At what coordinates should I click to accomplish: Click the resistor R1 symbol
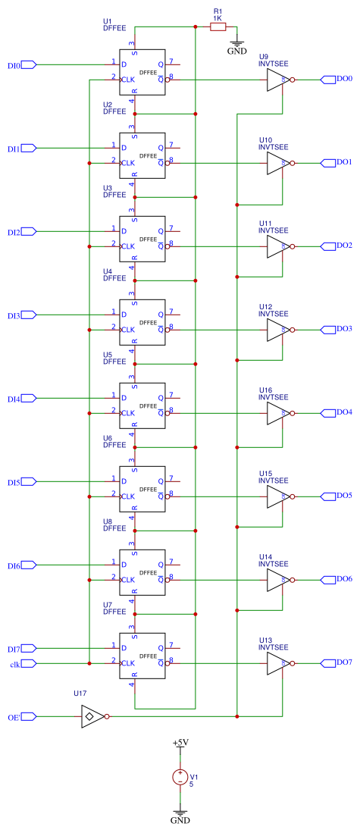point(218,27)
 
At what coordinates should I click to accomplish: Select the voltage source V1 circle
point(180,777)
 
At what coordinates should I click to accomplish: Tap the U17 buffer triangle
point(90,716)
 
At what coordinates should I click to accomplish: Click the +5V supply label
point(180,744)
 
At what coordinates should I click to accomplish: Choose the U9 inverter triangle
point(277,79)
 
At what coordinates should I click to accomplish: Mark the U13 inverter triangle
point(277,663)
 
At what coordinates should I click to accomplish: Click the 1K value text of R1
point(218,17)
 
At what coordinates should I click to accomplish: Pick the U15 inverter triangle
point(277,496)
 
